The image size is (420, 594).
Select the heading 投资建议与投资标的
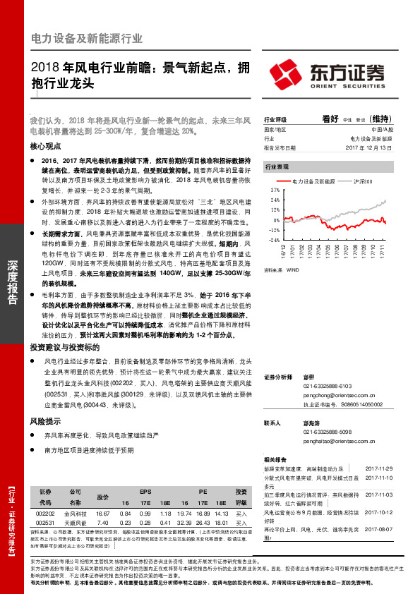pyautogui.click(x=61, y=348)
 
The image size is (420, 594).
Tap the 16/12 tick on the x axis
pyautogui.click(x=283, y=250)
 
